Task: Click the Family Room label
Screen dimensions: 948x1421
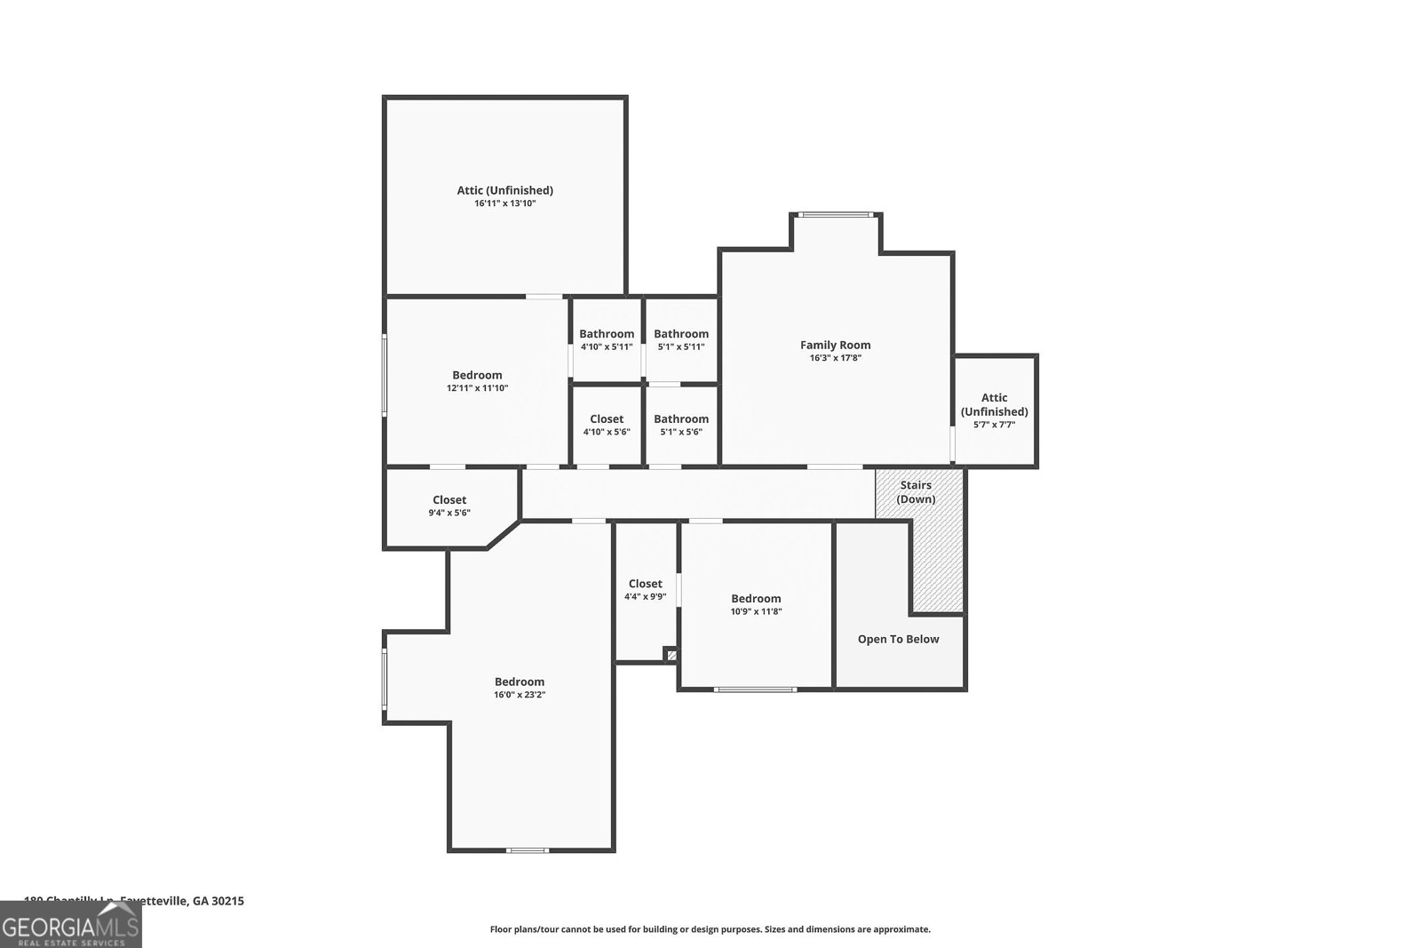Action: click(x=835, y=345)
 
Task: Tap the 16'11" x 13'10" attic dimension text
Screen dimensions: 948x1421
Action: click(x=504, y=203)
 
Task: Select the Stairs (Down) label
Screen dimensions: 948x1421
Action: click(x=916, y=491)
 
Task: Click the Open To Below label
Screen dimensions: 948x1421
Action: click(x=898, y=639)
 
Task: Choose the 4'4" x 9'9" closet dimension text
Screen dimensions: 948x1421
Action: click(x=645, y=597)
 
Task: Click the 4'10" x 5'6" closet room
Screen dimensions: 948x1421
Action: click(x=607, y=425)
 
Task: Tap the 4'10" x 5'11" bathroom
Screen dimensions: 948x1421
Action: click(x=607, y=340)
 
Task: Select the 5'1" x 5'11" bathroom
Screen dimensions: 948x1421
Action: click(x=681, y=340)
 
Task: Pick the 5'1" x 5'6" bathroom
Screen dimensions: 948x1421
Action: click(x=681, y=425)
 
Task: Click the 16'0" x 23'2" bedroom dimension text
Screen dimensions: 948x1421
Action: click(x=520, y=695)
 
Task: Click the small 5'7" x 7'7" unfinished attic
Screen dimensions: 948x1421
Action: click(x=994, y=410)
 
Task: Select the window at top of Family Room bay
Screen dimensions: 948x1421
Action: click(x=835, y=214)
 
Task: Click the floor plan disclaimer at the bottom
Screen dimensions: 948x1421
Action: click(x=710, y=929)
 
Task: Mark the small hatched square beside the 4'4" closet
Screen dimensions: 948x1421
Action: click(x=671, y=656)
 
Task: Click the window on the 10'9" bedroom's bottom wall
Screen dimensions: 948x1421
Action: click(x=755, y=689)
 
